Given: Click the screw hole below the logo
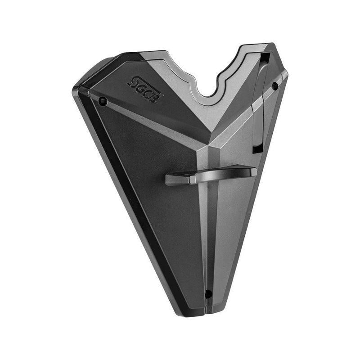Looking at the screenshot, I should pyautogui.click(x=103, y=101).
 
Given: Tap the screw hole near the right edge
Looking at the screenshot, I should pyautogui.click(x=274, y=86).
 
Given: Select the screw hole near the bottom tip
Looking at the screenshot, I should pyautogui.click(x=208, y=294).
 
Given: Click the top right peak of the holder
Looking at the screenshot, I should pyautogui.click(x=270, y=46).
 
